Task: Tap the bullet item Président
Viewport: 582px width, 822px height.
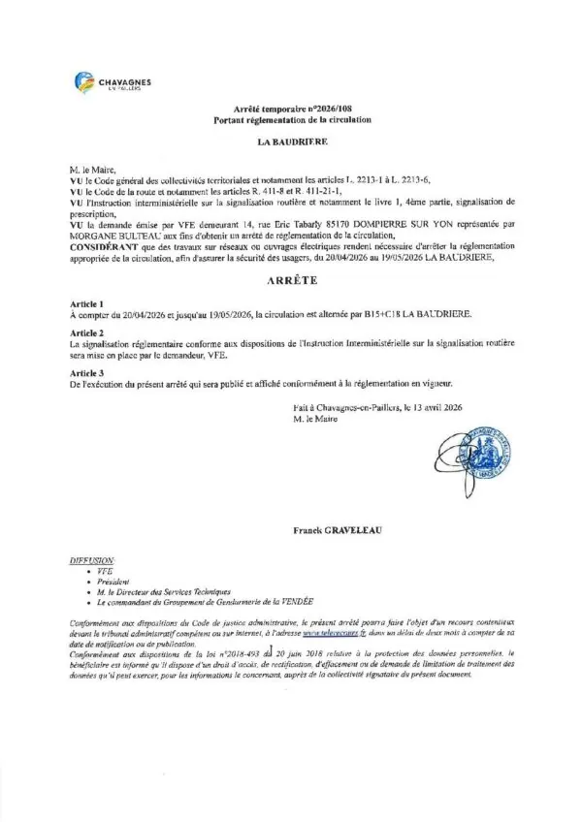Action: (x=113, y=584)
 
